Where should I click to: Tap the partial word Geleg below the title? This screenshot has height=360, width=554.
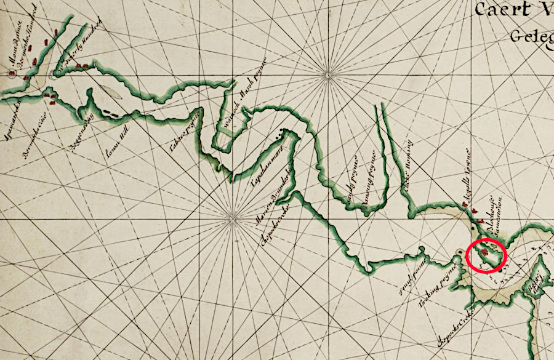coord(531,36)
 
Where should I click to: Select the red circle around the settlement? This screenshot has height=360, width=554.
coord(486,256)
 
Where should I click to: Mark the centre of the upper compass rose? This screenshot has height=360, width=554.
coord(327,76)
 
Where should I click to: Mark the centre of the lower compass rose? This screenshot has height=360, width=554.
coord(233,215)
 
